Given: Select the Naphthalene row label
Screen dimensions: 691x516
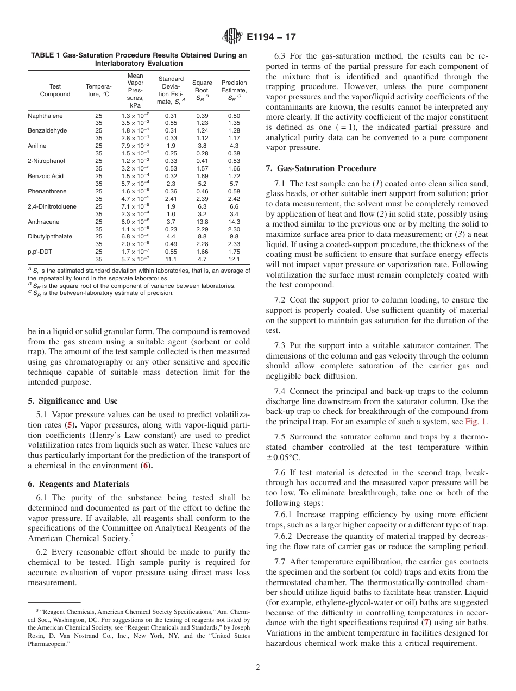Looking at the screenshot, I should pyautogui.click(x=45, y=116).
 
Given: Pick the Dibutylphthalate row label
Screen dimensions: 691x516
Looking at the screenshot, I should pyautogui.click(x=49, y=236).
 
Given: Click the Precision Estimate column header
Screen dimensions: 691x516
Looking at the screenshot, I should pyautogui.click(x=234, y=90).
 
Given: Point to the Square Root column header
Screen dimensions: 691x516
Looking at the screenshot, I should pyautogui.click(x=203, y=90).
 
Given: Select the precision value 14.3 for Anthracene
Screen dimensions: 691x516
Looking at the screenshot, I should pyautogui.click(x=234, y=222).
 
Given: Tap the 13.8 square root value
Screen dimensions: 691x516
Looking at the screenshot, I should pyautogui.click(x=203, y=222).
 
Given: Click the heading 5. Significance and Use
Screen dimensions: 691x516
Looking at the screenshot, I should pyautogui.click(x=72, y=401).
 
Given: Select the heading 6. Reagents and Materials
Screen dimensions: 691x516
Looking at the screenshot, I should pyautogui.click(x=78, y=484).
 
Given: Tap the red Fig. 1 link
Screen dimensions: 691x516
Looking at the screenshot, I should pyautogui.click(x=476, y=422).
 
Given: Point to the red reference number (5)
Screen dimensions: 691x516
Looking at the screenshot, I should pyautogui.click(x=70, y=424).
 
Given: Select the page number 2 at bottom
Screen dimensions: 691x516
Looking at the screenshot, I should pyautogui.click(x=258, y=668).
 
